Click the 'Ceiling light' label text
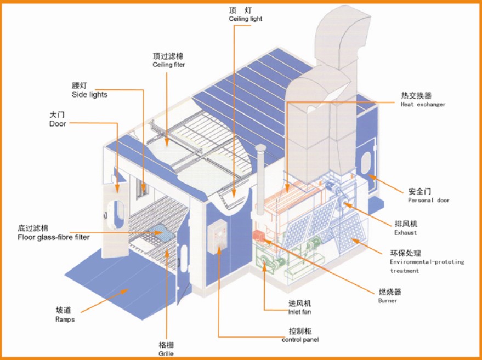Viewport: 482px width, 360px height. tap(245, 19)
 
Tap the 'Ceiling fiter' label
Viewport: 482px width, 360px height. tap(168, 65)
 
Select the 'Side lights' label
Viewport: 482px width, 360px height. tap(89, 94)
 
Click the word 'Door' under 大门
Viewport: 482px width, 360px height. tap(58, 124)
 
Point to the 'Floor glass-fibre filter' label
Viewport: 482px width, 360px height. tap(53, 237)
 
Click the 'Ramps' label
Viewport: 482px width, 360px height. tap(65, 319)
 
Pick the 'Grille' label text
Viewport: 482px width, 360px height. tap(166, 354)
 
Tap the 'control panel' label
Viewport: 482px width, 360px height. tap(300, 340)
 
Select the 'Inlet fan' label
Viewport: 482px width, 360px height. tap(300, 312)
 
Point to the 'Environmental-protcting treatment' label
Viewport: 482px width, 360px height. tap(427, 266)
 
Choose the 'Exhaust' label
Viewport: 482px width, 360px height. tap(405, 232)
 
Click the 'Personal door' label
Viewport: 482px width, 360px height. tap(428, 200)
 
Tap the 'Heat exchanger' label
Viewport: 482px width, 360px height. tap(423, 104)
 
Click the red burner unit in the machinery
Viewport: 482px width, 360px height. tap(258, 236)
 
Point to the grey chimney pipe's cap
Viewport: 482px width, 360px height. tap(260, 148)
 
